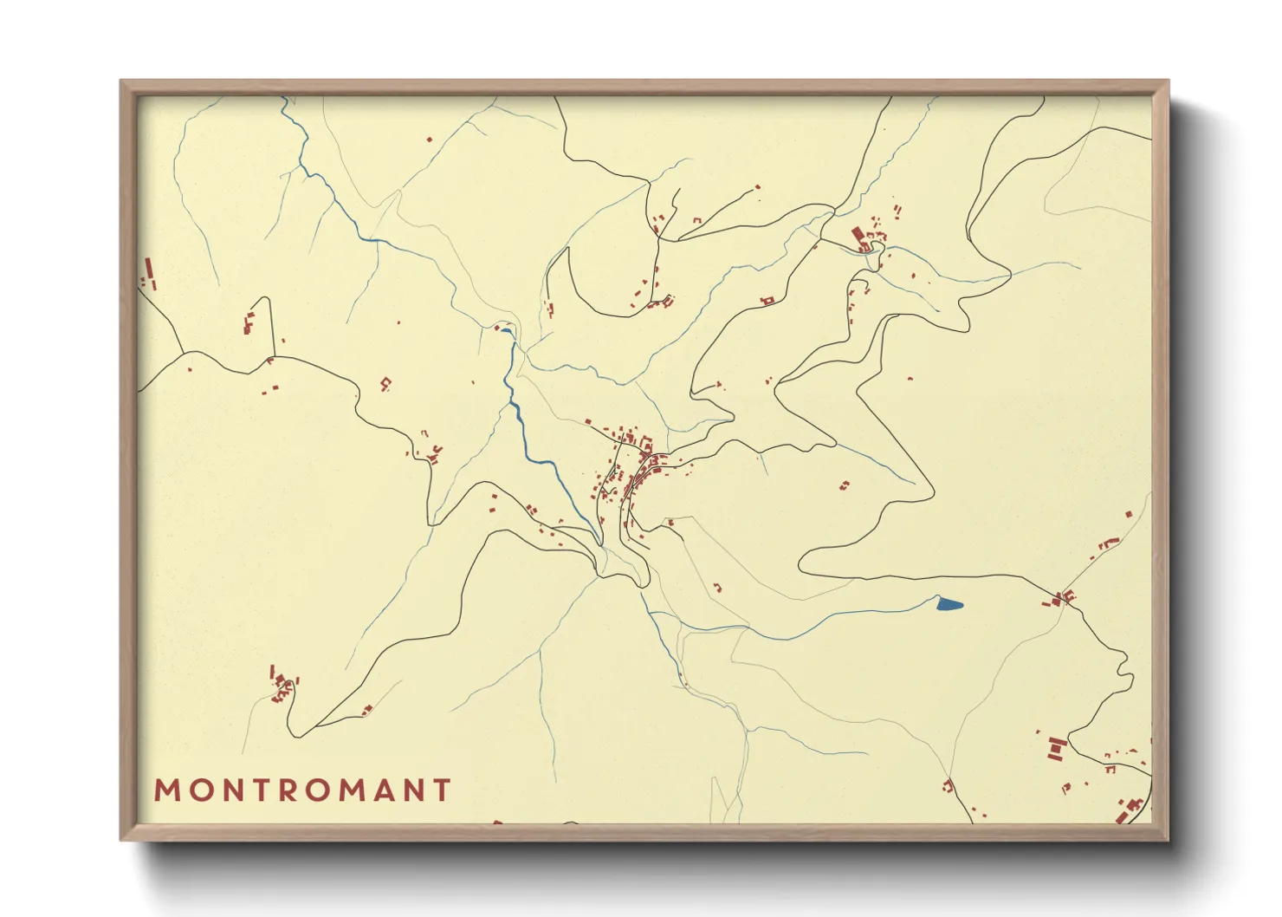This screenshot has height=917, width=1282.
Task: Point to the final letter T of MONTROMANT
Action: pos(443,790)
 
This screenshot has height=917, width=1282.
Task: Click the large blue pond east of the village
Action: pos(949,604)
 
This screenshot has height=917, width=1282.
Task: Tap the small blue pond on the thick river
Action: pos(505,330)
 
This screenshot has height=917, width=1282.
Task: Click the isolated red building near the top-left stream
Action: pos(428,139)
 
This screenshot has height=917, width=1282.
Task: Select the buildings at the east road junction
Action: pos(1063,597)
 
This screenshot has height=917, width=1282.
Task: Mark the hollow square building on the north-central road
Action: pos(766,301)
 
